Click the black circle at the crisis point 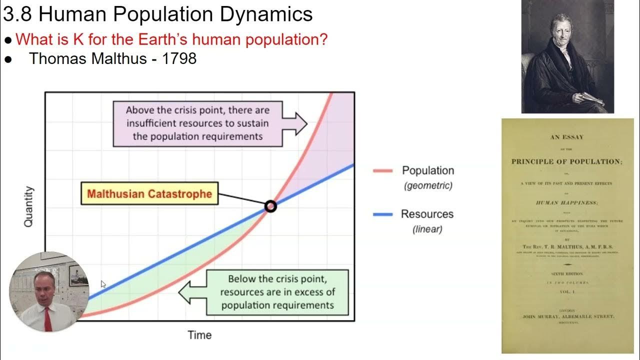tap(270, 206)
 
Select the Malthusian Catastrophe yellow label tap(149, 194)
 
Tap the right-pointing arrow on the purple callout tap(298, 123)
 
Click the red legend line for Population tap(383, 171)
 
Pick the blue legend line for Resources tap(383, 214)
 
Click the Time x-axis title tap(199, 335)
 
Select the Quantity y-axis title tap(29, 206)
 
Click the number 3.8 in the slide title tap(17, 14)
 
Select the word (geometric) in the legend tap(428, 185)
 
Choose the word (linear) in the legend tap(427, 229)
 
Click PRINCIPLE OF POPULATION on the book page tap(566, 161)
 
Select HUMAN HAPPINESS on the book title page tap(566, 203)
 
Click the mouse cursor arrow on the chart tap(103, 284)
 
